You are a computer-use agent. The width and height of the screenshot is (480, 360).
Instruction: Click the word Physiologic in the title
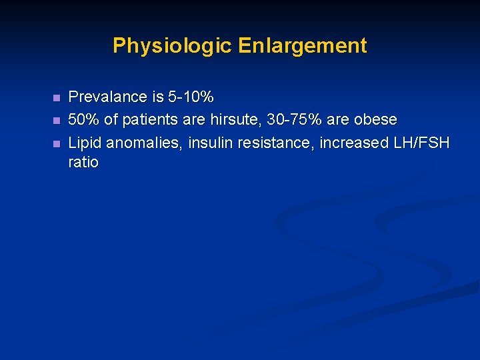coord(172,46)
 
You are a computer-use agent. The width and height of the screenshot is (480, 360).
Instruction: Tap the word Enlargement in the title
coord(302,46)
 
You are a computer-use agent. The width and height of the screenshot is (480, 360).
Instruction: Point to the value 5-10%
coord(191,97)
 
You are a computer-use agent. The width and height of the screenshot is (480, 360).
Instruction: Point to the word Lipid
coord(85,143)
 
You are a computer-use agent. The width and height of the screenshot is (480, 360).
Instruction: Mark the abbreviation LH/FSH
coord(421,143)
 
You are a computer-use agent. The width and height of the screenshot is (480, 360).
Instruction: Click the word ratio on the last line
coord(83,163)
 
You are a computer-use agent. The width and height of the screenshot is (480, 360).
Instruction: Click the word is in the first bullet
coord(157,97)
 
